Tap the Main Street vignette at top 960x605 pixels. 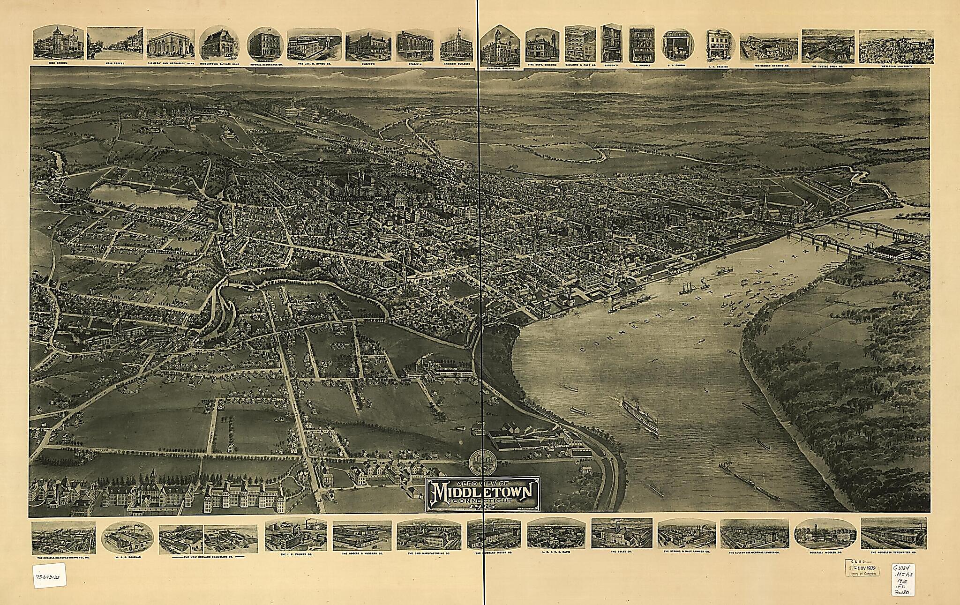[115, 43]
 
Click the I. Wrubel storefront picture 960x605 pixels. [641, 43]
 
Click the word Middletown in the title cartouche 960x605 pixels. [483, 493]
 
